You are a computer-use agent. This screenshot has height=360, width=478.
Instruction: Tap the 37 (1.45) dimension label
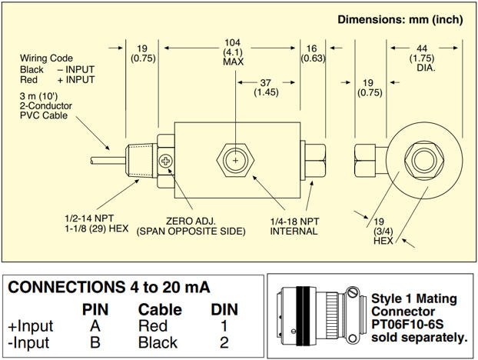coord(266,88)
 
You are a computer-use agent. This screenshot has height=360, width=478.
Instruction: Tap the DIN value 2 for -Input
coord(224,342)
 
